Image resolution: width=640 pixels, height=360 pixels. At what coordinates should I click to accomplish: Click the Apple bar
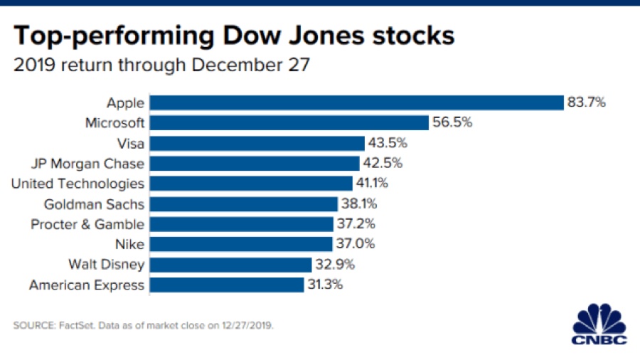(356, 102)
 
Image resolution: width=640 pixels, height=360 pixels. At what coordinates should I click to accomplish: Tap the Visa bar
(257, 143)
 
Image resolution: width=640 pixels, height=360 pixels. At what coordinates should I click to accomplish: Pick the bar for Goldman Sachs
(244, 204)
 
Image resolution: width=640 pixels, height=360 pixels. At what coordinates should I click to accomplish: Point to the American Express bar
(227, 285)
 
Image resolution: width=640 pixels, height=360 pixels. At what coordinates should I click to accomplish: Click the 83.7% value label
(587, 102)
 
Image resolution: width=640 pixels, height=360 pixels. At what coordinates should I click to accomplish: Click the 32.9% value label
(335, 265)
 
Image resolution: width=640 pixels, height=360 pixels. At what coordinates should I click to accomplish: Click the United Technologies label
(78, 184)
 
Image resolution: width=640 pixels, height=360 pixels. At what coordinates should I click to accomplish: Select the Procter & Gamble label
(87, 224)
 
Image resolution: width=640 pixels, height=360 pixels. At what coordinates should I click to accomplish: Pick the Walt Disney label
(106, 265)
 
